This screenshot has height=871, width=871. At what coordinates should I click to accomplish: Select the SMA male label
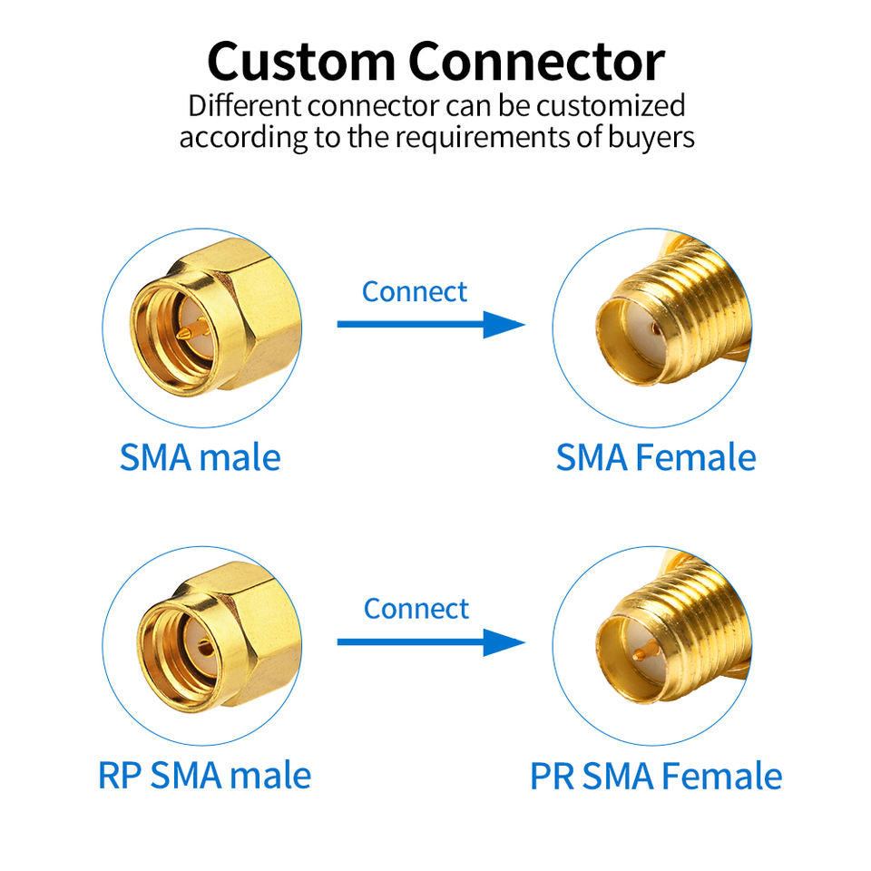200,457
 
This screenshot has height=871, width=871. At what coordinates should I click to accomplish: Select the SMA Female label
655,457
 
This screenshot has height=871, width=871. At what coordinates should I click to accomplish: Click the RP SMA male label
204,775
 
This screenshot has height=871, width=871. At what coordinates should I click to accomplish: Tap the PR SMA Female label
655,776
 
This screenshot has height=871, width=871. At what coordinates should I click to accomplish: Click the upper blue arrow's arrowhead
504,324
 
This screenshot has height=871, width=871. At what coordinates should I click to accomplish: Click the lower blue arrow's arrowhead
504,642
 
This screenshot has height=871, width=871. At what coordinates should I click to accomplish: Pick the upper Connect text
415,291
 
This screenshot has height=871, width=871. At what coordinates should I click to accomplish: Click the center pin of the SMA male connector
185,337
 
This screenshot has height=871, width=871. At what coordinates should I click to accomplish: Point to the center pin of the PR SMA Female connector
644,653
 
